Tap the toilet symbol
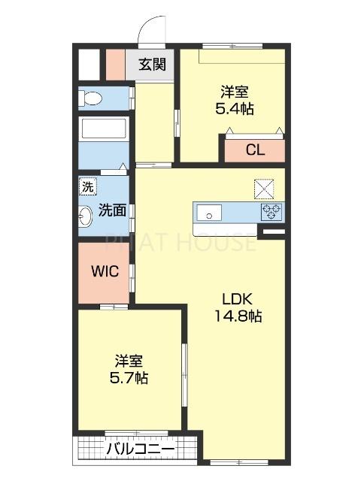93,98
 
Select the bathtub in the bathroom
105,129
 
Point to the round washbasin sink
85,216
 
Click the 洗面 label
112,210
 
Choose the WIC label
105,271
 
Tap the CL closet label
255,150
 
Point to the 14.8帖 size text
241,317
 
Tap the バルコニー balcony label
140,449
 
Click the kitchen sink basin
208,212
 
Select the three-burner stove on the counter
270,212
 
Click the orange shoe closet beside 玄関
114,64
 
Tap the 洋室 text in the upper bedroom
235,92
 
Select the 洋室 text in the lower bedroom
129,359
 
